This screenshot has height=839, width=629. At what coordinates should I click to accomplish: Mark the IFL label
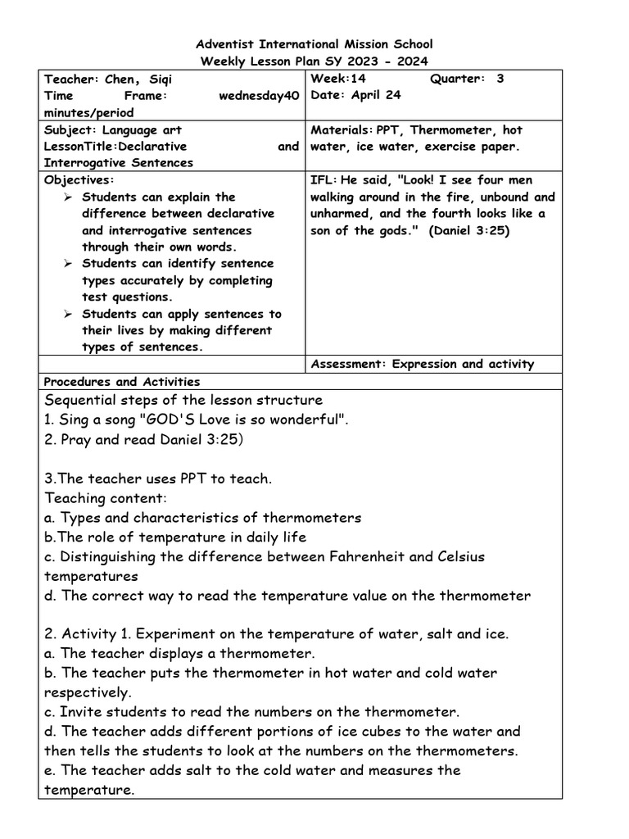click(x=323, y=179)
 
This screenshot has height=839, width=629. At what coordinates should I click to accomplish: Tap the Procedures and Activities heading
click(x=121, y=381)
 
